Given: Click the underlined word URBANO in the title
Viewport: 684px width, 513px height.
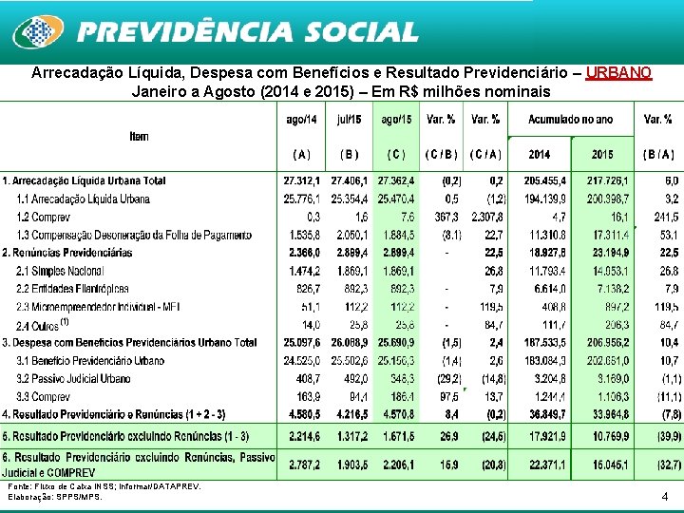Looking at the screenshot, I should pos(618,73).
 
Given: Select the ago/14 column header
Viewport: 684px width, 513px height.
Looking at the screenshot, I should pos(301,120).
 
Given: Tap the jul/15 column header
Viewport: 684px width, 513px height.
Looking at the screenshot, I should pos(349,120).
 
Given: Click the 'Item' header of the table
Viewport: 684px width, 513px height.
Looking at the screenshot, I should pos(139,136).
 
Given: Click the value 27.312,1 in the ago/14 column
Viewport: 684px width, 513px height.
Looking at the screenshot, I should pos(302,180).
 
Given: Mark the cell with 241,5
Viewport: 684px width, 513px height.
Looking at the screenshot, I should pos(661,217).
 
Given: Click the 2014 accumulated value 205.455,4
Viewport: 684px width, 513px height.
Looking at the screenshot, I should pos(540,180).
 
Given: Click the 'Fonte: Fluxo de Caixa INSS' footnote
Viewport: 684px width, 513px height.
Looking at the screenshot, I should pos(104,486).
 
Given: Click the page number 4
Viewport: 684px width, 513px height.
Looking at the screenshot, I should pos(664,496).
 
